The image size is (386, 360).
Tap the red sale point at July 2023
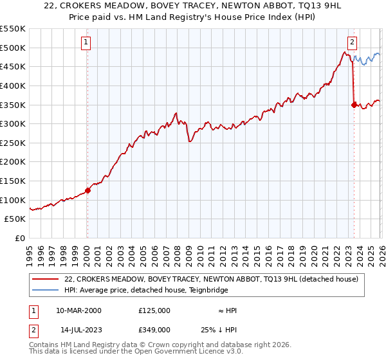[x=354, y=105]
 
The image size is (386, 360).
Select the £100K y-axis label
[x=13, y=200]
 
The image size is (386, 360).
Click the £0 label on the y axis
[x=20, y=238]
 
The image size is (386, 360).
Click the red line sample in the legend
[x=45, y=280]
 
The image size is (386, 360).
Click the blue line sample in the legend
[x=45, y=290]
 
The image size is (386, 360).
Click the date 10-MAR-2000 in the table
[x=78, y=310]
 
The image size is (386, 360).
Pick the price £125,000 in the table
[x=154, y=310]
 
